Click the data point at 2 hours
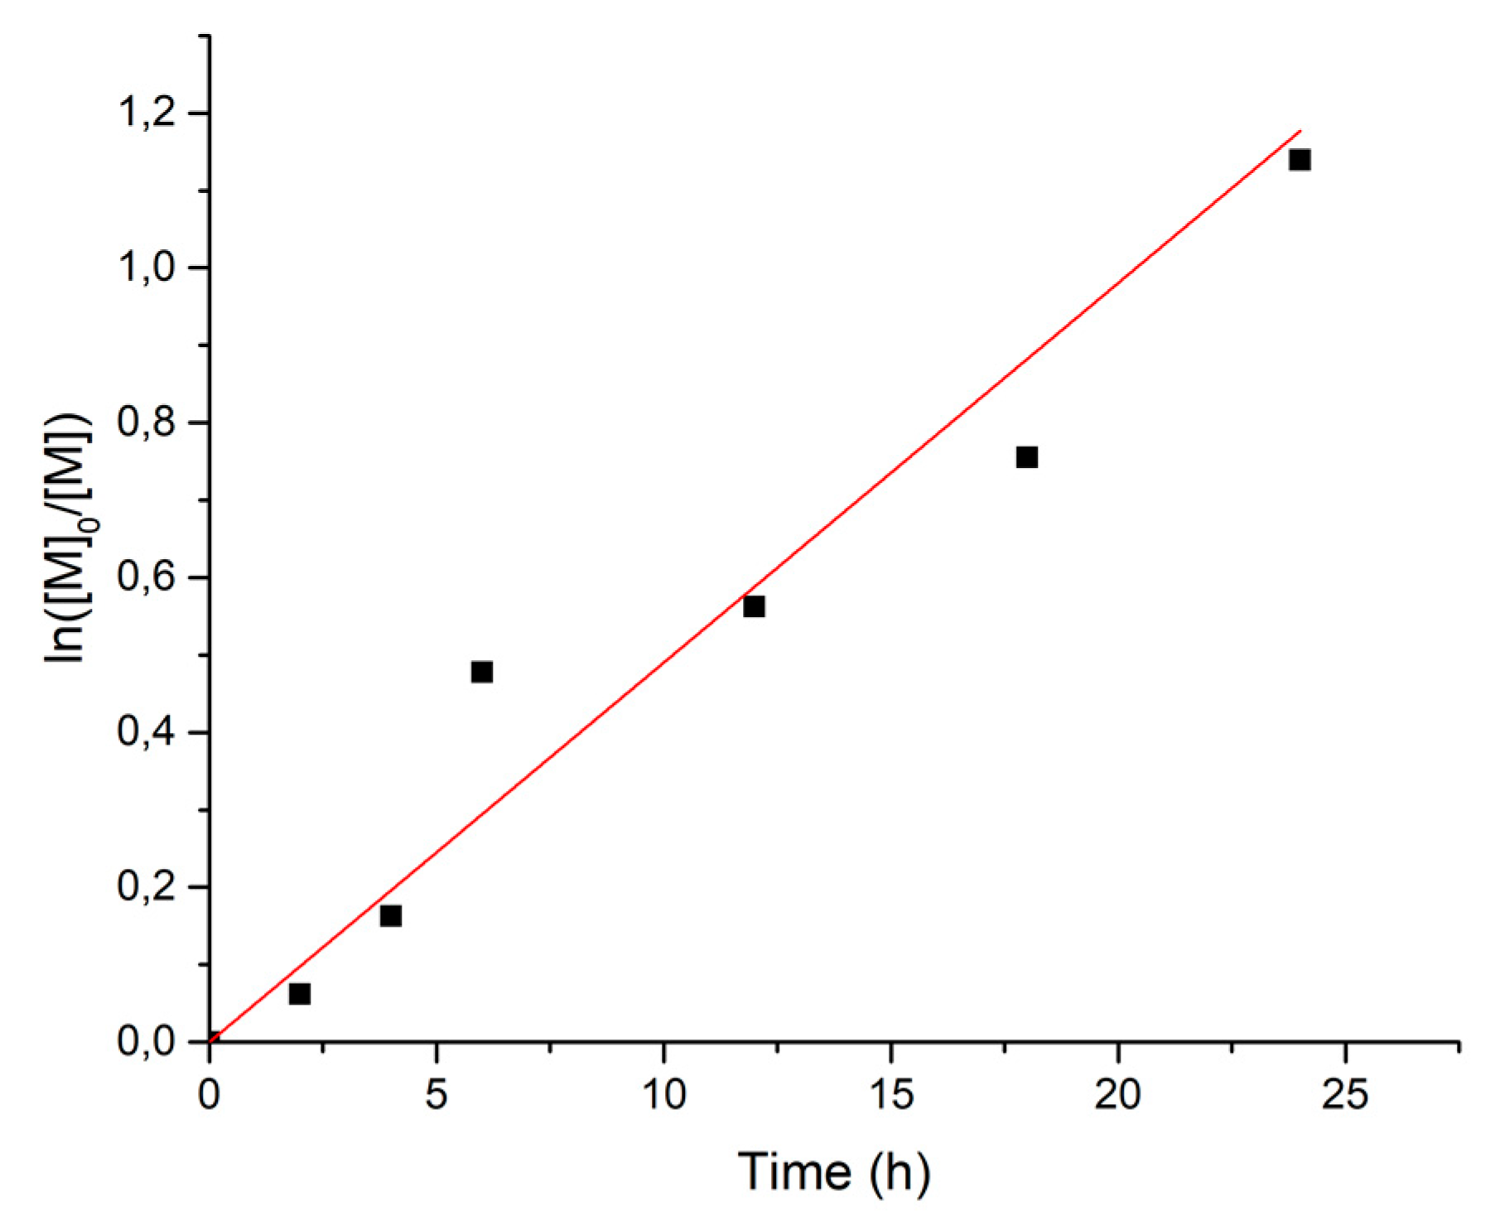pyautogui.click(x=300, y=993)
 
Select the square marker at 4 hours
pyautogui.click(x=391, y=915)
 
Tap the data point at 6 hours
pyautogui.click(x=482, y=672)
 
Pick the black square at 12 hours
pyautogui.click(x=754, y=606)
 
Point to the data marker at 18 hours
pyautogui.click(x=1027, y=457)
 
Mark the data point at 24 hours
pyautogui.click(x=1299, y=160)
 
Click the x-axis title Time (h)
pyautogui.click(x=834, y=1172)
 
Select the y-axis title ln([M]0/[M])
pyautogui.click(x=68, y=538)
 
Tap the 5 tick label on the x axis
pyautogui.click(x=436, y=1096)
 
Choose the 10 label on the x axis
pyautogui.click(x=664, y=1096)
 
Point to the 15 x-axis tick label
pyautogui.click(x=891, y=1096)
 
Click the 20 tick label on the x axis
pyautogui.click(x=1118, y=1096)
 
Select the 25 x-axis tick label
pyautogui.click(x=1345, y=1096)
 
